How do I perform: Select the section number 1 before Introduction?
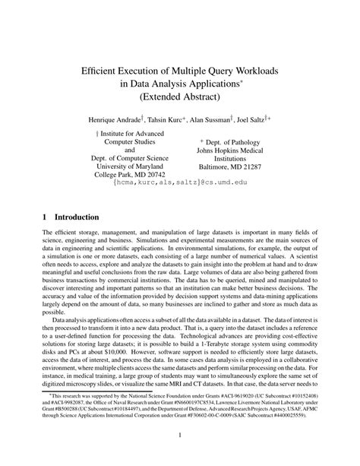45,216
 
